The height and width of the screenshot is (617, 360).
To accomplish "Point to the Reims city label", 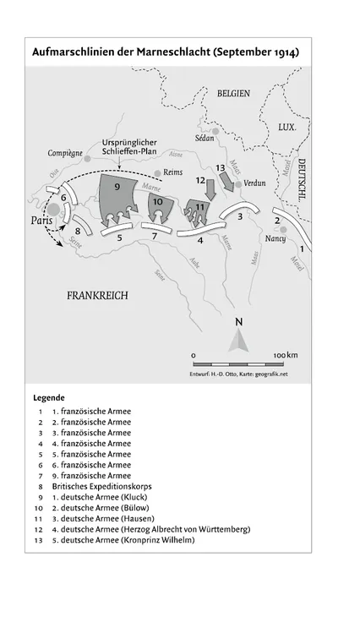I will point(172,172).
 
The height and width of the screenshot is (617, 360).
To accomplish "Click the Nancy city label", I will point(275,239).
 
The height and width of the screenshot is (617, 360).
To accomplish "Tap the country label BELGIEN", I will point(233,94).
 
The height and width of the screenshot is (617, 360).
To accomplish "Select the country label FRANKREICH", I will point(97,295).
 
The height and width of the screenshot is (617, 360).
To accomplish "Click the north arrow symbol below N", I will point(239,340).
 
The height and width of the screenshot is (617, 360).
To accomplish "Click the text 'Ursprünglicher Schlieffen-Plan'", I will point(130,147).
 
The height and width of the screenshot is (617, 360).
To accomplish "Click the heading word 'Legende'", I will point(49,397).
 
